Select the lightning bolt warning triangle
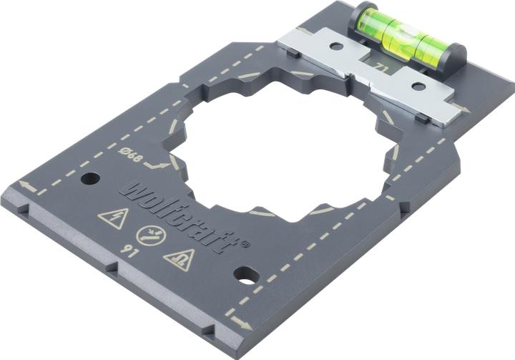coord(112,218)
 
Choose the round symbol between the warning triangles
coord(149,236)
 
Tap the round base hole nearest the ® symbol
coord(245,273)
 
